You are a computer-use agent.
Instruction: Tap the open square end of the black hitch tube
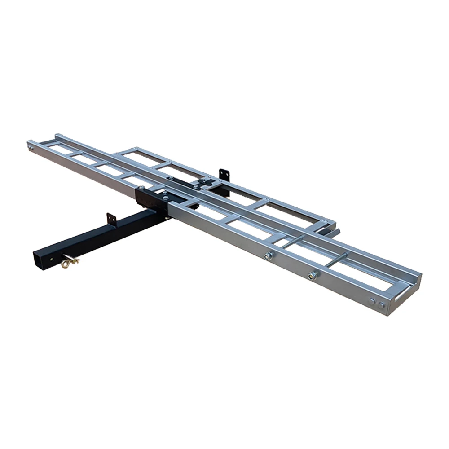41,260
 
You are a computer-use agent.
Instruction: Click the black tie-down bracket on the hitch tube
111,220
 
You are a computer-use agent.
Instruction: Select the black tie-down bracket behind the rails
224,175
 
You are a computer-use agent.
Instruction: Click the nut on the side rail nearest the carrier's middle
268,256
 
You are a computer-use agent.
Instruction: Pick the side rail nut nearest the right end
313,275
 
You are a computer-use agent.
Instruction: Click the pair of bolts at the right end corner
376,303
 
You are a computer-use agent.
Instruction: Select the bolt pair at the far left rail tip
31,146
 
